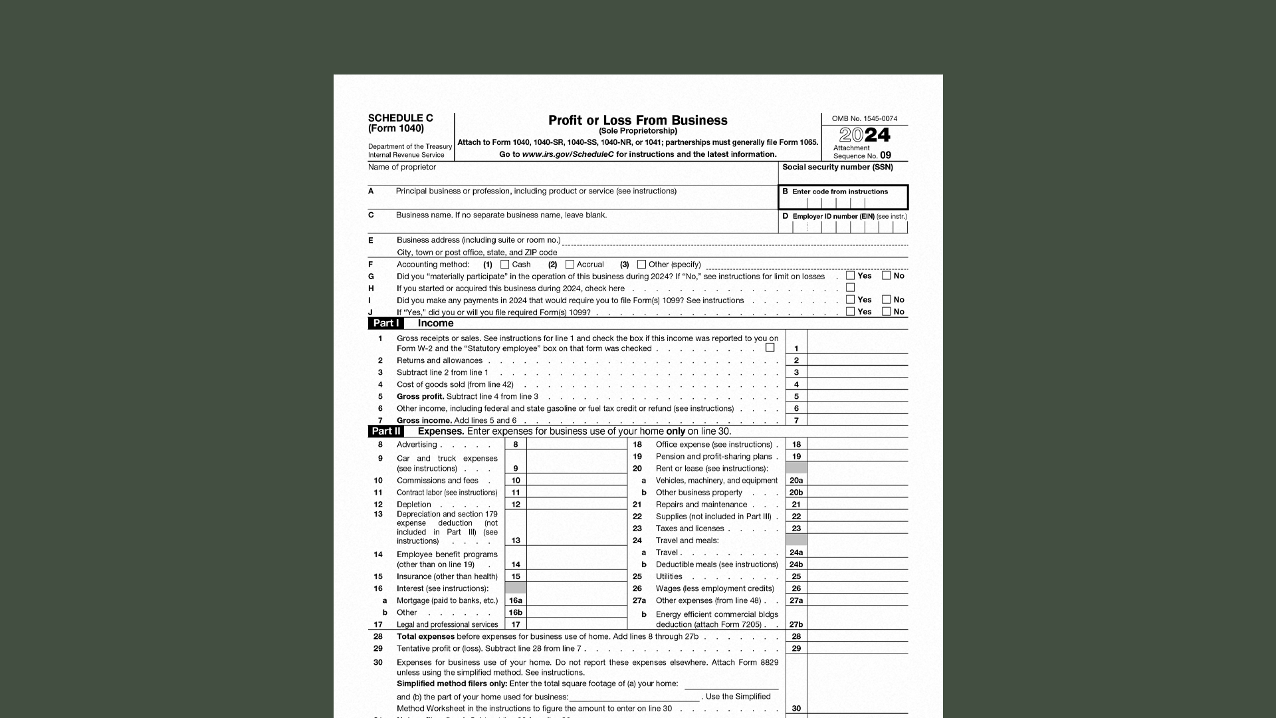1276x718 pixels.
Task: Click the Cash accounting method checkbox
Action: [505, 265]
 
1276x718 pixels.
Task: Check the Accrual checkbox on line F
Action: [570, 265]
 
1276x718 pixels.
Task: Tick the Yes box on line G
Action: [850, 275]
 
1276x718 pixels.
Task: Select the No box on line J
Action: [886, 311]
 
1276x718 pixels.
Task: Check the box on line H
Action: [850, 287]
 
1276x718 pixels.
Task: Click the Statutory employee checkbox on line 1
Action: [770, 348]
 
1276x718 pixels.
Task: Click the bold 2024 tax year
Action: [865, 135]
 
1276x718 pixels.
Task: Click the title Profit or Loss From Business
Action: [637, 120]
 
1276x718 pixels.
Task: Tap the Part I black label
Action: [385, 323]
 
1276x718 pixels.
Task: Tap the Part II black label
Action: [385, 431]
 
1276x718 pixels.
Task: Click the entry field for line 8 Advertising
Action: [576, 444]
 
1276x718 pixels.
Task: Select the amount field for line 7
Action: [857, 420]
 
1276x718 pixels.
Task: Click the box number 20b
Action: [796, 493]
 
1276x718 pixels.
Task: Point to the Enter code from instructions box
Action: [843, 197]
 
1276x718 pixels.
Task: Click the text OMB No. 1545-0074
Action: [864, 118]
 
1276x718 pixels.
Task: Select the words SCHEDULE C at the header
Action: [400, 118]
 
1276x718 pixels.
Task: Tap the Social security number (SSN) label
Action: [837, 167]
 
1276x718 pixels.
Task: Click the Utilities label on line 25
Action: [669, 576]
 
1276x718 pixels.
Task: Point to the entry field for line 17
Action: [576, 624]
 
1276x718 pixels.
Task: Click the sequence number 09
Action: [885, 155]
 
